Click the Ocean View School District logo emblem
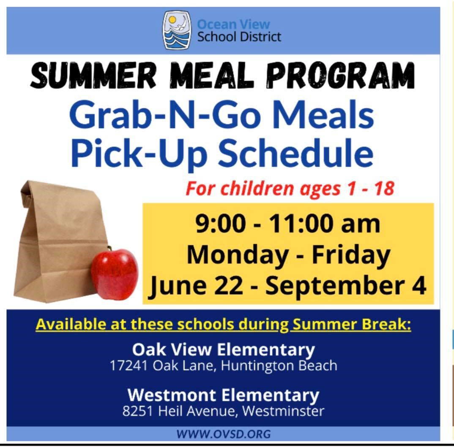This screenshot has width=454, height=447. point(177,30)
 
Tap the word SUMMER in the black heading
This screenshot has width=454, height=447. point(93,75)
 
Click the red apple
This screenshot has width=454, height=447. point(115,273)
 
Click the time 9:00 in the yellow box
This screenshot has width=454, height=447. point(220,224)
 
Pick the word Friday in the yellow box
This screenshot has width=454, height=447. point(351,255)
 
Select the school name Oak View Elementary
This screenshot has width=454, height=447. point(224,350)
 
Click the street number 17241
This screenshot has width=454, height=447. point(129,366)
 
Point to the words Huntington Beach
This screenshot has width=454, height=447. point(279,366)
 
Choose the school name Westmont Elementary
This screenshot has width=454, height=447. point(223,395)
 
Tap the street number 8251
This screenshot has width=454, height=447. point(137,411)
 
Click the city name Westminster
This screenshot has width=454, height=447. point(283,411)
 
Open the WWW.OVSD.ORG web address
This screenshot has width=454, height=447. point(224,434)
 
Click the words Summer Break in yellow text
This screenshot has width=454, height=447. point(352,324)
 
